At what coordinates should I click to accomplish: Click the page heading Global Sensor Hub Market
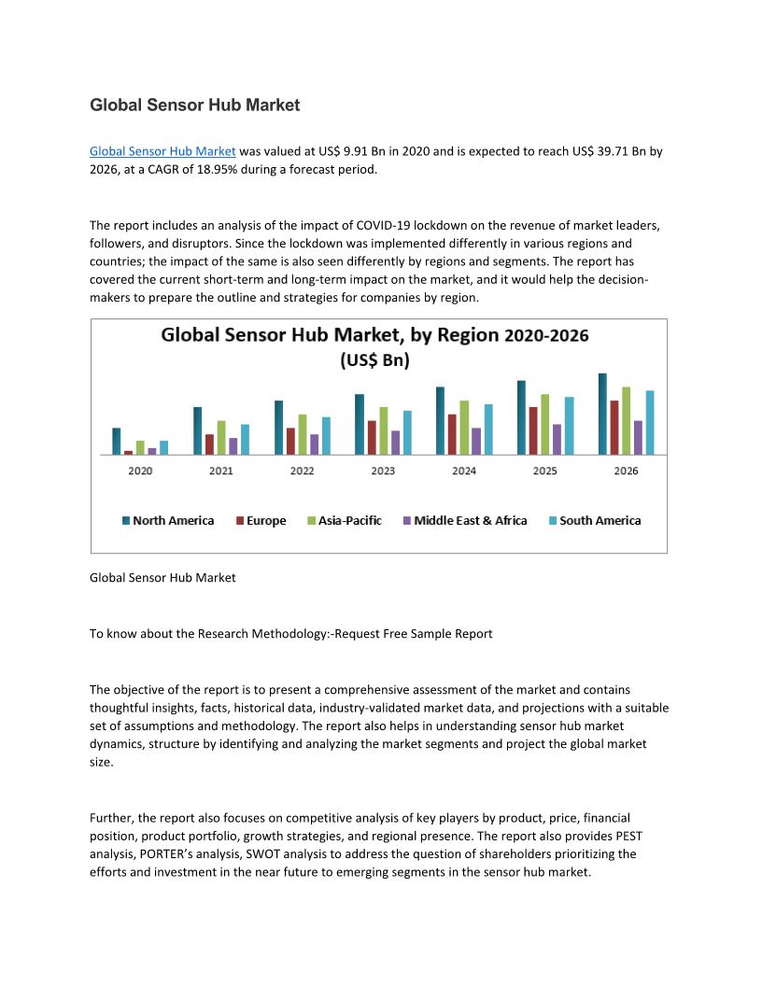point(194,106)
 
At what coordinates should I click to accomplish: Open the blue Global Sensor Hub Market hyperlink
point(162,150)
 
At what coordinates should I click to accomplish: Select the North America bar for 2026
point(602,414)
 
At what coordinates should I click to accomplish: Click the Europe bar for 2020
point(128,453)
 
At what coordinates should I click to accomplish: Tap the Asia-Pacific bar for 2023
point(383,430)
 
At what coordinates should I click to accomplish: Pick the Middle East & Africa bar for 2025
point(557,439)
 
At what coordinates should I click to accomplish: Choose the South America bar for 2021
point(245,439)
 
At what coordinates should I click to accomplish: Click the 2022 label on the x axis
point(302,471)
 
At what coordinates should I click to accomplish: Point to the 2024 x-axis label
point(464,471)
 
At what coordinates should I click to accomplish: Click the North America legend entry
point(168,521)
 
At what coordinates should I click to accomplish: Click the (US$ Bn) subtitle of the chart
point(374,359)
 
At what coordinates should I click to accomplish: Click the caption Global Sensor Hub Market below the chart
point(162,578)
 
